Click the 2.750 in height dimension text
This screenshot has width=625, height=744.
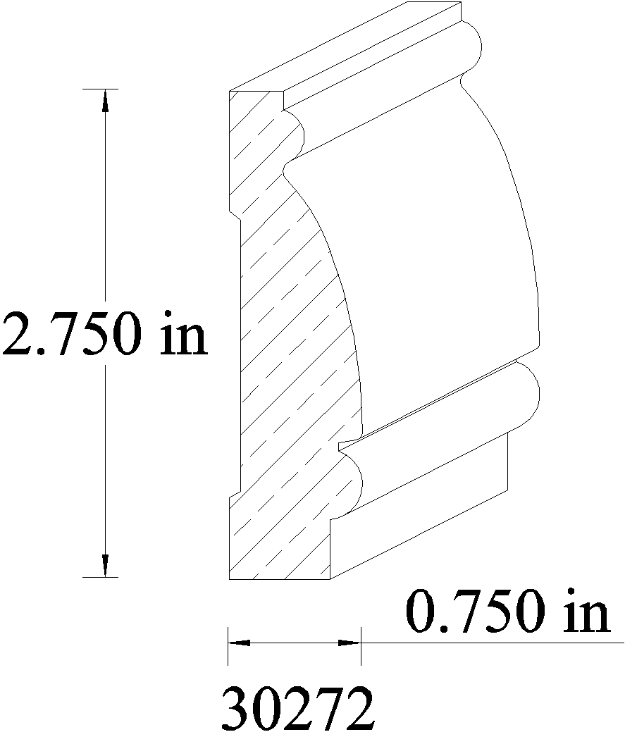(x=104, y=333)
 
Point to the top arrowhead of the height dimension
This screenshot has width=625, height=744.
(x=105, y=101)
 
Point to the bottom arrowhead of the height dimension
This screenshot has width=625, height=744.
(x=105, y=566)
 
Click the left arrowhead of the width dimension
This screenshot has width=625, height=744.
(x=240, y=643)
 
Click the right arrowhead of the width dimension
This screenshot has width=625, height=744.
(x=349, y=643)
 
